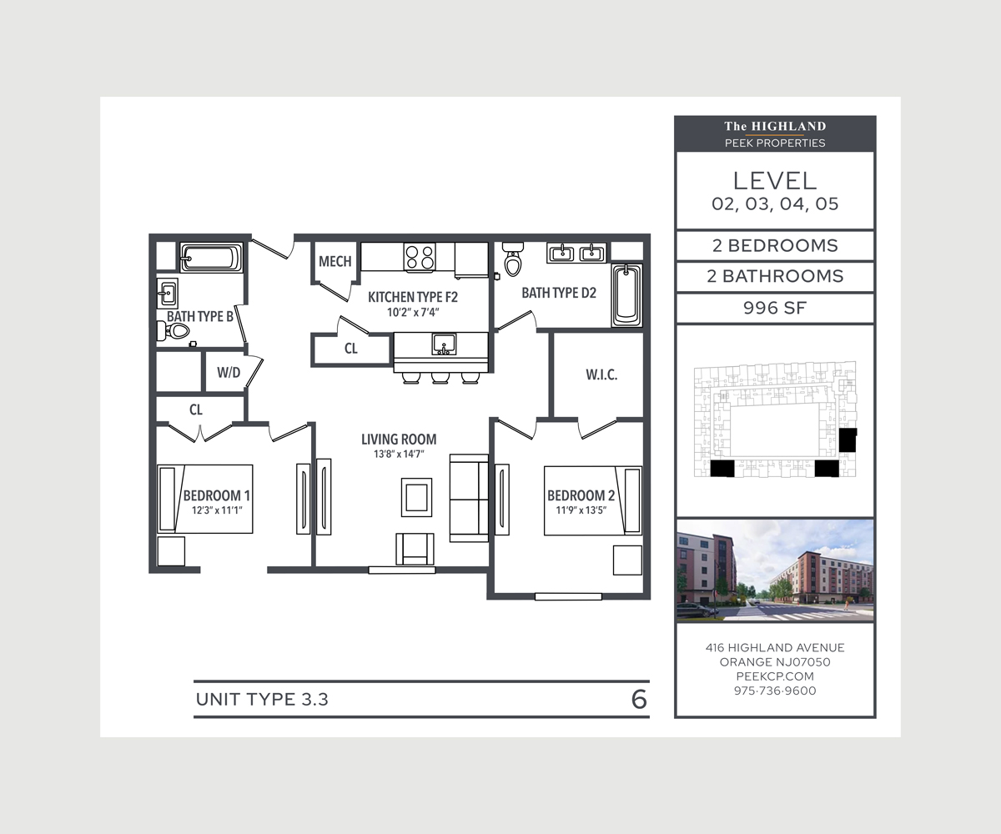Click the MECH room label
pos(335,262)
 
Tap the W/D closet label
pos(228,373)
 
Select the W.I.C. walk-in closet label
pos(601,375)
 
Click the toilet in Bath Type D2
pos(513,261)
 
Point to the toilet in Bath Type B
pos(174,331)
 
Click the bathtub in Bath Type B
pos(211,259)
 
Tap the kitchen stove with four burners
pos(420,256)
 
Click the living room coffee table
pos(416,497)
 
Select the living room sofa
pos(468,498)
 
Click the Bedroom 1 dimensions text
pos(216,510)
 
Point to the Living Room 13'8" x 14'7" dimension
pos(399,455)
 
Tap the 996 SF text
pos(774,308)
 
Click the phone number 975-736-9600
pos(775,691)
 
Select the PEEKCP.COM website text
pos(775,676)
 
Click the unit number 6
pos(639,700)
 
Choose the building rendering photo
pos(775,570)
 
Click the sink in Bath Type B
pos(167,293)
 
